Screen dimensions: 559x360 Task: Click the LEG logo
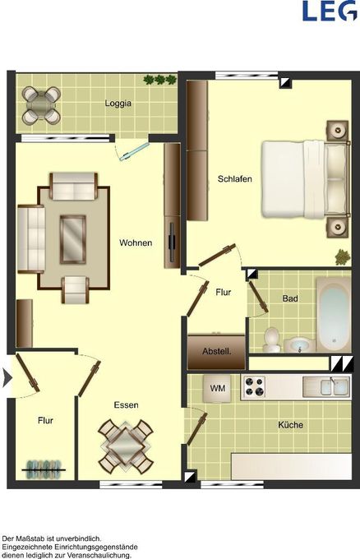329,12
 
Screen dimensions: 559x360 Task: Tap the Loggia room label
118,104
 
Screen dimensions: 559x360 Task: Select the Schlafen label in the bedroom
234,178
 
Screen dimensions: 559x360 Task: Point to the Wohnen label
136,243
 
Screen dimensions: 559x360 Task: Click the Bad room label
290,298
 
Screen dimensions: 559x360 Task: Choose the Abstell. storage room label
216,352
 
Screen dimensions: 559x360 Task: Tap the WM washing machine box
218,387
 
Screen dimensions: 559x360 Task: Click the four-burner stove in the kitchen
252,386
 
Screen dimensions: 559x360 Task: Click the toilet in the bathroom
272,340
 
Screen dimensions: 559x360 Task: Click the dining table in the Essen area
125,444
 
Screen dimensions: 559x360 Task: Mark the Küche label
290,425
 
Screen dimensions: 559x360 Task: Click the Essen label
126,404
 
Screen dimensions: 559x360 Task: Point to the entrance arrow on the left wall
8,378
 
